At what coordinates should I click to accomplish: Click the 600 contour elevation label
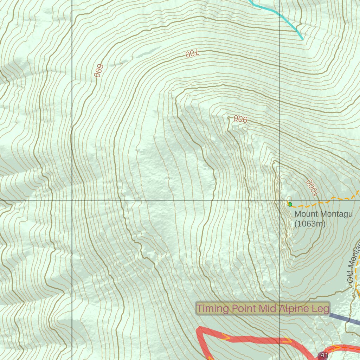98,71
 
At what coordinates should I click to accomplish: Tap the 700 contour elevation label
192,54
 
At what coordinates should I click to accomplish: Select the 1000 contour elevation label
312,187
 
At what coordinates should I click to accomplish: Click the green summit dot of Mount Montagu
290,204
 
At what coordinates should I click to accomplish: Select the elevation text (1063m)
310,224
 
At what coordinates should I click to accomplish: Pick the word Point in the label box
244,309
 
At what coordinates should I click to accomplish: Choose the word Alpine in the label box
294,309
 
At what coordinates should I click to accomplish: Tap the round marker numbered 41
324,355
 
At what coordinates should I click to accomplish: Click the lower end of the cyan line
303,39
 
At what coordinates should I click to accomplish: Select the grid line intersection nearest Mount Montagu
279,200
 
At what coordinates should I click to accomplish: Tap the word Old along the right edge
350,277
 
